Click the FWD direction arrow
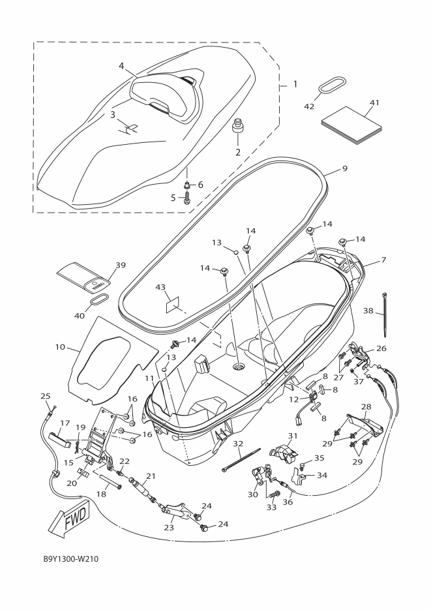tap(70, 519)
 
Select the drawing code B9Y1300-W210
tap(71, 559)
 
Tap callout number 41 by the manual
tap(374, 102)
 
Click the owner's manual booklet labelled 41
tap(351, 126)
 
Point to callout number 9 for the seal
tap(344, 169)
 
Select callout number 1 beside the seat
tap(295, 84)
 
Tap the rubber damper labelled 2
tap(237, 129)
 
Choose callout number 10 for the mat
tap(60, 346)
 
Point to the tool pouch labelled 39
tap(84, 277)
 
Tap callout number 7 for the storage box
tap(383, 260)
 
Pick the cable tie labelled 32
tap(241, 460)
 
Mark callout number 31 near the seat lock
tap(292, 436)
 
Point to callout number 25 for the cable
tap(46, 397)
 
